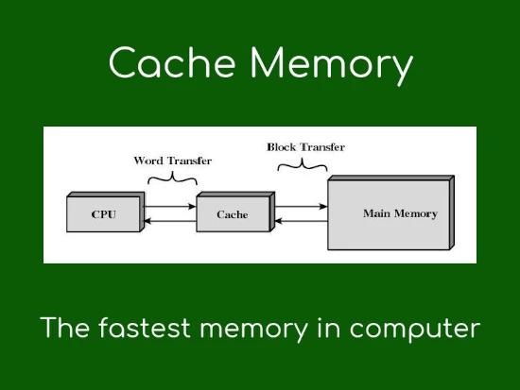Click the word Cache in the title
[172, 62]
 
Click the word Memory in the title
[331, 65]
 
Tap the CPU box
[106, 212]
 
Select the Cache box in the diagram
[235, 212]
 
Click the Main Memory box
[390, 212]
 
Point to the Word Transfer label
[173, 161]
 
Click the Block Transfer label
[305, 146]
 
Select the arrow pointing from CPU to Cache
[169, 207]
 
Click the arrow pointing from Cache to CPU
[170, 221]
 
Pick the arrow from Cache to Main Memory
[301, 207]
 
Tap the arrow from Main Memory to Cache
[301, 221]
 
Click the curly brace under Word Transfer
[172, 178]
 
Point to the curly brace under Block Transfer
[303, 164]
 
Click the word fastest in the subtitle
[145, 328]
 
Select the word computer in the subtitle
[415, 330]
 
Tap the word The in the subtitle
[64, 328]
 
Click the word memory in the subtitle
[253, 330]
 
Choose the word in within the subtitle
[329, 328]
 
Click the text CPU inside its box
[104, 214]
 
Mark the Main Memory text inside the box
[400, 213]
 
